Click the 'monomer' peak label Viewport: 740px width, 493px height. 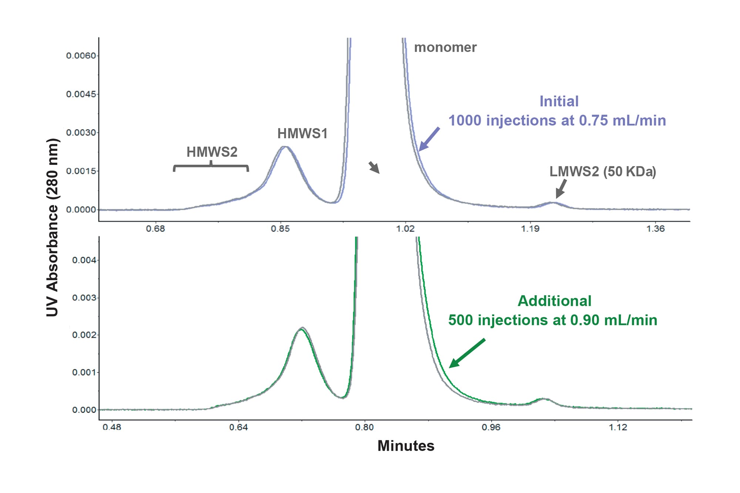[445, 47]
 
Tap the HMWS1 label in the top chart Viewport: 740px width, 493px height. [302, 134]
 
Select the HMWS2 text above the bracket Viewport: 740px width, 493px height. [212, 152]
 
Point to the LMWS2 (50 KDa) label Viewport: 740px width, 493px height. [602, 172]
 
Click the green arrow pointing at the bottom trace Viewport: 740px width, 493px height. [467, 353]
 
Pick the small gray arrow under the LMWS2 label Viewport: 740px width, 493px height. [561, 189]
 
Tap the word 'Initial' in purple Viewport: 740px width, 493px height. [559, 101]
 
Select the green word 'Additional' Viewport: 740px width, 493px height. [554, 301]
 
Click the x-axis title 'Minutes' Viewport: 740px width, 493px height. [406, 446]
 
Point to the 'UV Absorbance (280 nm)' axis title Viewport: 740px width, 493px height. [53, 227]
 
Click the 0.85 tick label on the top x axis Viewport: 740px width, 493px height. [280, 229]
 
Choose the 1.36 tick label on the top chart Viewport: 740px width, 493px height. [655, 229]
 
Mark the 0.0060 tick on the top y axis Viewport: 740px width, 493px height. [81, 56]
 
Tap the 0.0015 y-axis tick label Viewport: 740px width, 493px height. [81, 171]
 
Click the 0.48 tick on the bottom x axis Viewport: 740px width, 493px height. [112, 428]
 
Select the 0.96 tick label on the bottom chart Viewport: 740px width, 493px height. [491, 428]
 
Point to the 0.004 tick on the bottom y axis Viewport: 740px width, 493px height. [84, 260]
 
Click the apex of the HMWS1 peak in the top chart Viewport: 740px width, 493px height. [285, 147]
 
